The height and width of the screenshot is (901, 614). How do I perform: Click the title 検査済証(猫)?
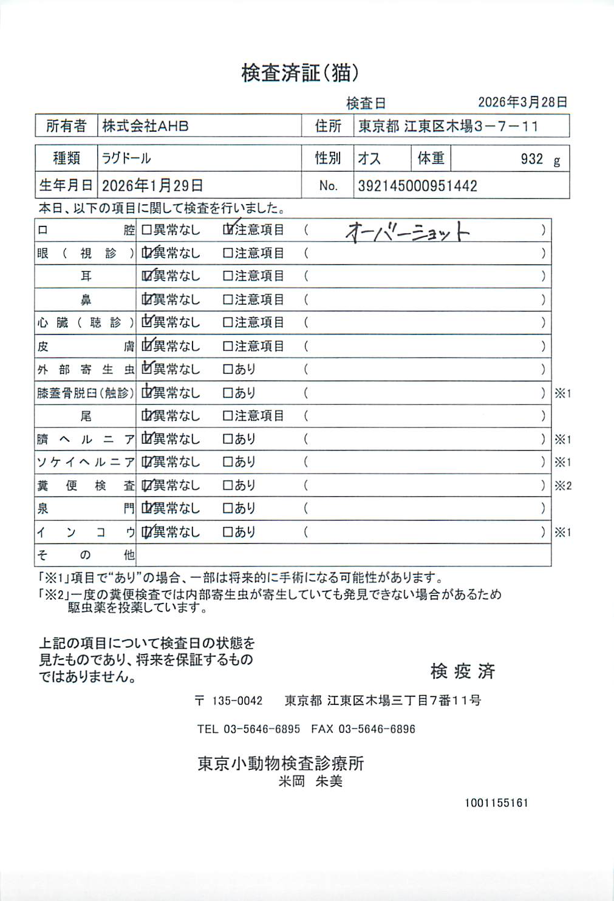[300, 73]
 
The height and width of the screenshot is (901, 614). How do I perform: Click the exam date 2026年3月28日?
[522, 102]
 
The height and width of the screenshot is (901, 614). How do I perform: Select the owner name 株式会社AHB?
[145, 126]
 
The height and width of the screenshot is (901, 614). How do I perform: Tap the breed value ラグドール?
[126, 158]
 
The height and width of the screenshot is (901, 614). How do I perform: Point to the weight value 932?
[531, 159]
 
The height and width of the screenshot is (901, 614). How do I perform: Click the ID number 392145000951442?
[417, 186]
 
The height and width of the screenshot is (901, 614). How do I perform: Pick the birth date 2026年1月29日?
[152, 186]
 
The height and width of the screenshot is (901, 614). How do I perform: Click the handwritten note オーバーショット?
[408, 231]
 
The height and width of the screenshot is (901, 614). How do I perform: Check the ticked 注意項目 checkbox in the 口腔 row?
[228, 230]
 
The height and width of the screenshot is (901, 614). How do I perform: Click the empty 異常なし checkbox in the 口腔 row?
[146, 230]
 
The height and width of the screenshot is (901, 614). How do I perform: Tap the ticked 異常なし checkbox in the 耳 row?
[146, 276]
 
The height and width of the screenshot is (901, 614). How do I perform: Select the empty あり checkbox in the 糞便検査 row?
[228, 486]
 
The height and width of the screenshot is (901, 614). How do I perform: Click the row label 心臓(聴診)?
[85, 323]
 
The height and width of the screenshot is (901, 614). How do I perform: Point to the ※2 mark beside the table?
[562, 486]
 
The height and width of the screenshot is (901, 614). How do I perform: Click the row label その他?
[85, 555]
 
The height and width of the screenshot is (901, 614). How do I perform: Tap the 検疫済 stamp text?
[463, 671]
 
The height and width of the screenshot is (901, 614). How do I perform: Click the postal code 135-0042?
[237, 701]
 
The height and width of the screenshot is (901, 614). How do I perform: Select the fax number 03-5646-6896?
[377, 729]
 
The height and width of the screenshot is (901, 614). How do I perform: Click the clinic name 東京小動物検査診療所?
[281, 763]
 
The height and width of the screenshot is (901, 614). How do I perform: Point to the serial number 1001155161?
[496, 803]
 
